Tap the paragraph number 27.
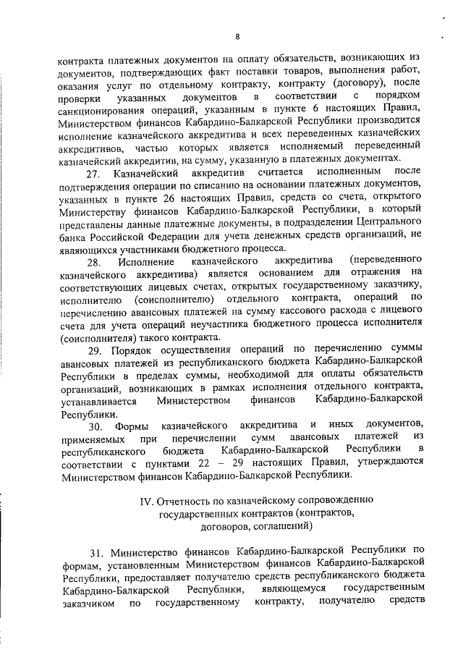[93, 174]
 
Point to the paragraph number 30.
[93, 423]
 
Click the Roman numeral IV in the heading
[145, 500]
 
